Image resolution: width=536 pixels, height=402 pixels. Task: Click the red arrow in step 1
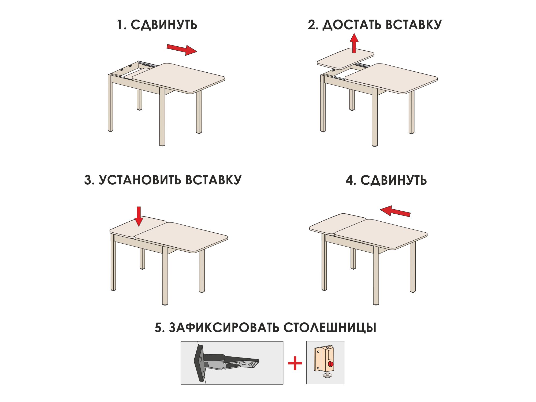(x=182, y=50)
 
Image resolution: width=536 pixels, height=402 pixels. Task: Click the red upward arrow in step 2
(x=354, y=43)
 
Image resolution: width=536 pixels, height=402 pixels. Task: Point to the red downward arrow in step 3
(x=139, y=216)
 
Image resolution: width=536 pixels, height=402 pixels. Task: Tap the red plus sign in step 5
(x=295, y=363)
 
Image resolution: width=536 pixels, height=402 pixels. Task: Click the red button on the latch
(x=331, y=364)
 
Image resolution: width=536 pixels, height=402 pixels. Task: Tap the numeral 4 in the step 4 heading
(x=349, y=180)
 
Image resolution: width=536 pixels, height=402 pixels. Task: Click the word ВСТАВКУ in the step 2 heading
(x=414, y=25)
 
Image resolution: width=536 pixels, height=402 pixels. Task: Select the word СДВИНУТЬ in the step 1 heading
(x=164, y=25)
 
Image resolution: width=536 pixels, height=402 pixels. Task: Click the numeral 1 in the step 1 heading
(x=120, y=25)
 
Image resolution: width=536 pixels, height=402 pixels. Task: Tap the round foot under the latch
(x=327, y=375)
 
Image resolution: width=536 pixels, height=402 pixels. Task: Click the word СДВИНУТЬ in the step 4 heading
(x=393, y=180)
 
